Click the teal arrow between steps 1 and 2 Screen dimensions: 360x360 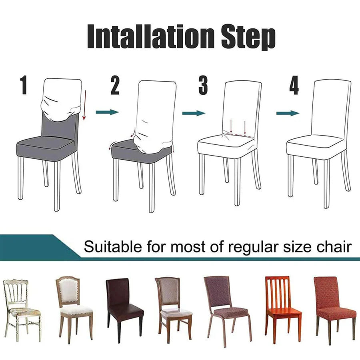click(108, 112)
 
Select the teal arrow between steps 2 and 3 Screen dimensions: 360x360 click(194, 113)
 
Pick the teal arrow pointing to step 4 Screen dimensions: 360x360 click(288, 113)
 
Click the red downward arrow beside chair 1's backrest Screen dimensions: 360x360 click(85, 105)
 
